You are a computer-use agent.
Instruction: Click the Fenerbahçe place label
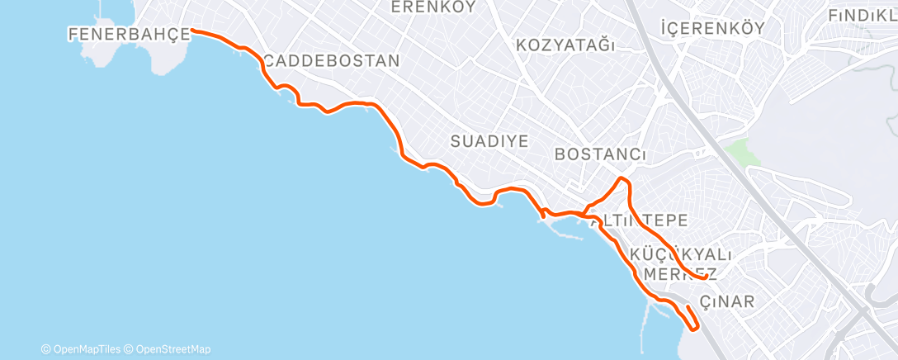(x=125, y=34)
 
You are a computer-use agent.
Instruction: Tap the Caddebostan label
(x=332, y=61)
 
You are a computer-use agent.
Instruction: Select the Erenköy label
(x=434, y=7)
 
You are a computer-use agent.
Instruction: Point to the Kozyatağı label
(x=565, y=45)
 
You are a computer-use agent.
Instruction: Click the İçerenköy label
(x=712, y=28)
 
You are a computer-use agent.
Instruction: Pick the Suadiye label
(x=489, y=141)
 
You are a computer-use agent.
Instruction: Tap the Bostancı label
(x=600, y=154)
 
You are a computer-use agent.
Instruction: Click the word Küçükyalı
(x=681, y=253)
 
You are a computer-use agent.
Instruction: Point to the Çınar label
(x=726, y=301)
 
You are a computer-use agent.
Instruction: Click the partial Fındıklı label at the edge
(x=863, y=16)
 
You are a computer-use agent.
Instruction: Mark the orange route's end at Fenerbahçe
(x=193, y=31)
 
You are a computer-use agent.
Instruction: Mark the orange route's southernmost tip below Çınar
(x=696, y=329)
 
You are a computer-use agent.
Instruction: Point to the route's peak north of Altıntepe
(x=623, y=178)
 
